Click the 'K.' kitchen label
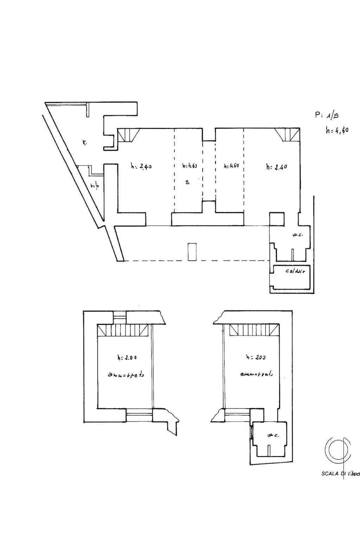(84, 143)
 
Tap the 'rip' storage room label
(94, 186)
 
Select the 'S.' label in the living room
(188, 182)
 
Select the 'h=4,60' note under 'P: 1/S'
(336, 130)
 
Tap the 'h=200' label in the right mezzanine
(256, 357)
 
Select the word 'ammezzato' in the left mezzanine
(126, 375)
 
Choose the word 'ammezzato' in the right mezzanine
(256, 374)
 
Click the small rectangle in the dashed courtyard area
(192, 251)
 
